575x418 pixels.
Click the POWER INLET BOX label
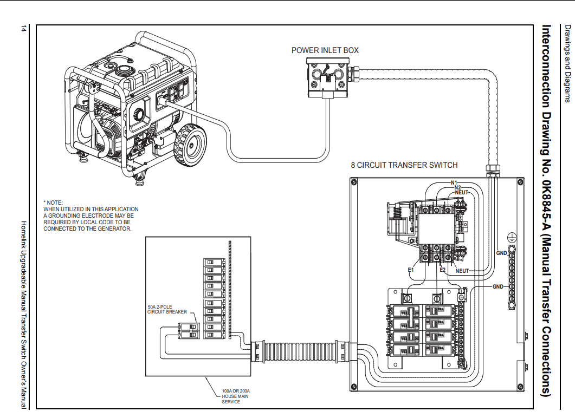325,50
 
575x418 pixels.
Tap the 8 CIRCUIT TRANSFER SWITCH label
404,165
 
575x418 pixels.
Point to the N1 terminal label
454,182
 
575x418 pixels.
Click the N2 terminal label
457,187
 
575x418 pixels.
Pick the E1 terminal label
411,269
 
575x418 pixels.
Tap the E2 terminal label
443,269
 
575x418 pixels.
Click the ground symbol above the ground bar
511,237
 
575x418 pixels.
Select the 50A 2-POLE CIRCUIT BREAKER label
167,309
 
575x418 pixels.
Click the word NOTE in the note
55,203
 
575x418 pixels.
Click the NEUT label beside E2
462,271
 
